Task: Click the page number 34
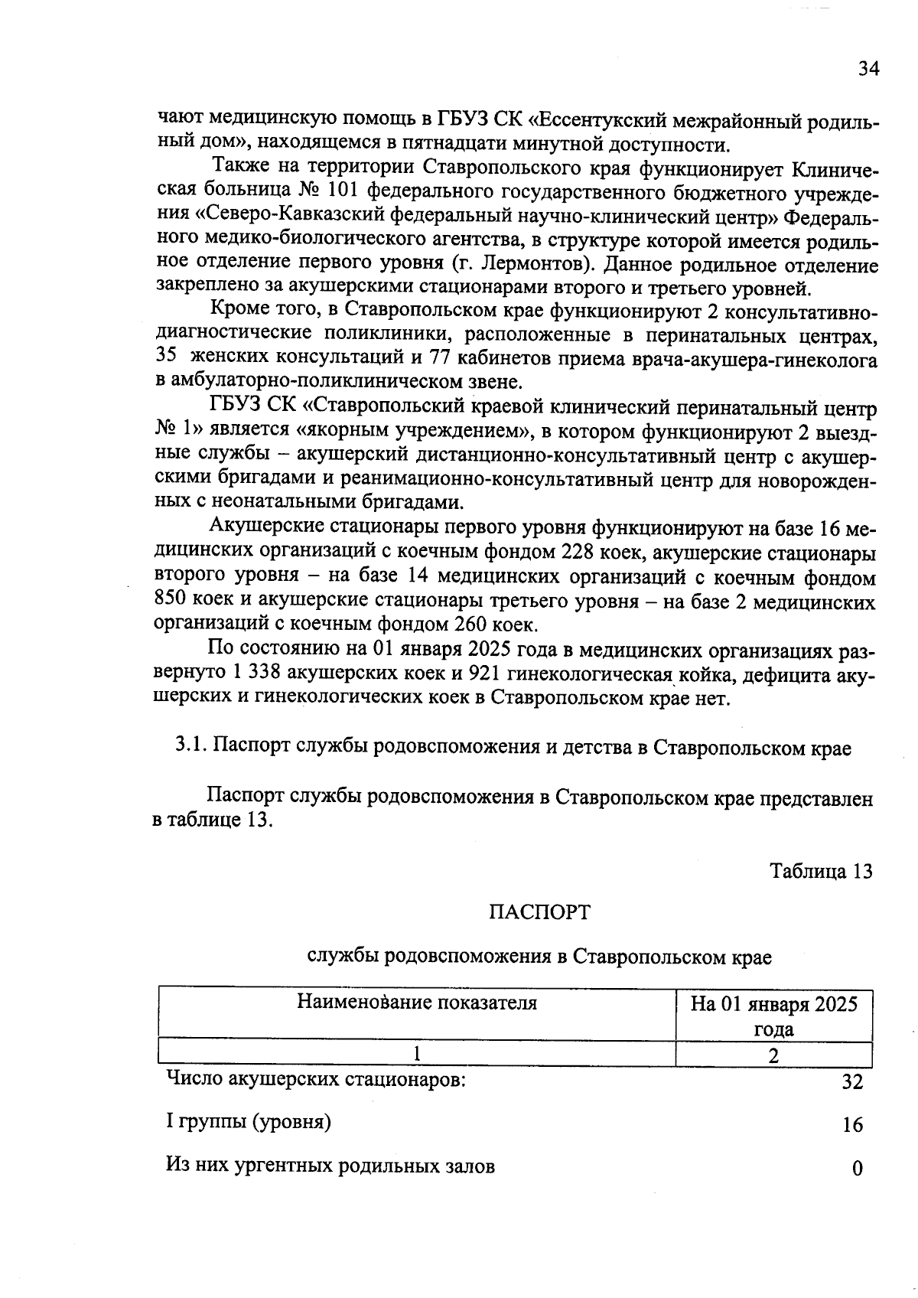coord(868,69)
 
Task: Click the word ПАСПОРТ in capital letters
coord(539,912)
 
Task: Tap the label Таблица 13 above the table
coord(821,871)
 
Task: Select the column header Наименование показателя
coord(417,1003)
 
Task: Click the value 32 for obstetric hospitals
coord(852,1082)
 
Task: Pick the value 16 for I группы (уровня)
coord(852,1125)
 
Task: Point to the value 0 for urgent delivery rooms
coord(857,1169)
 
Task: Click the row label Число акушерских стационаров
coord(316,1080)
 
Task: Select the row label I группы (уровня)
coord(249,1123)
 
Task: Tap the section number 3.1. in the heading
coord(191,747)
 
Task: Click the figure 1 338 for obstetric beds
coord(254,673)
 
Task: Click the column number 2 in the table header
coord(773,1055)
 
